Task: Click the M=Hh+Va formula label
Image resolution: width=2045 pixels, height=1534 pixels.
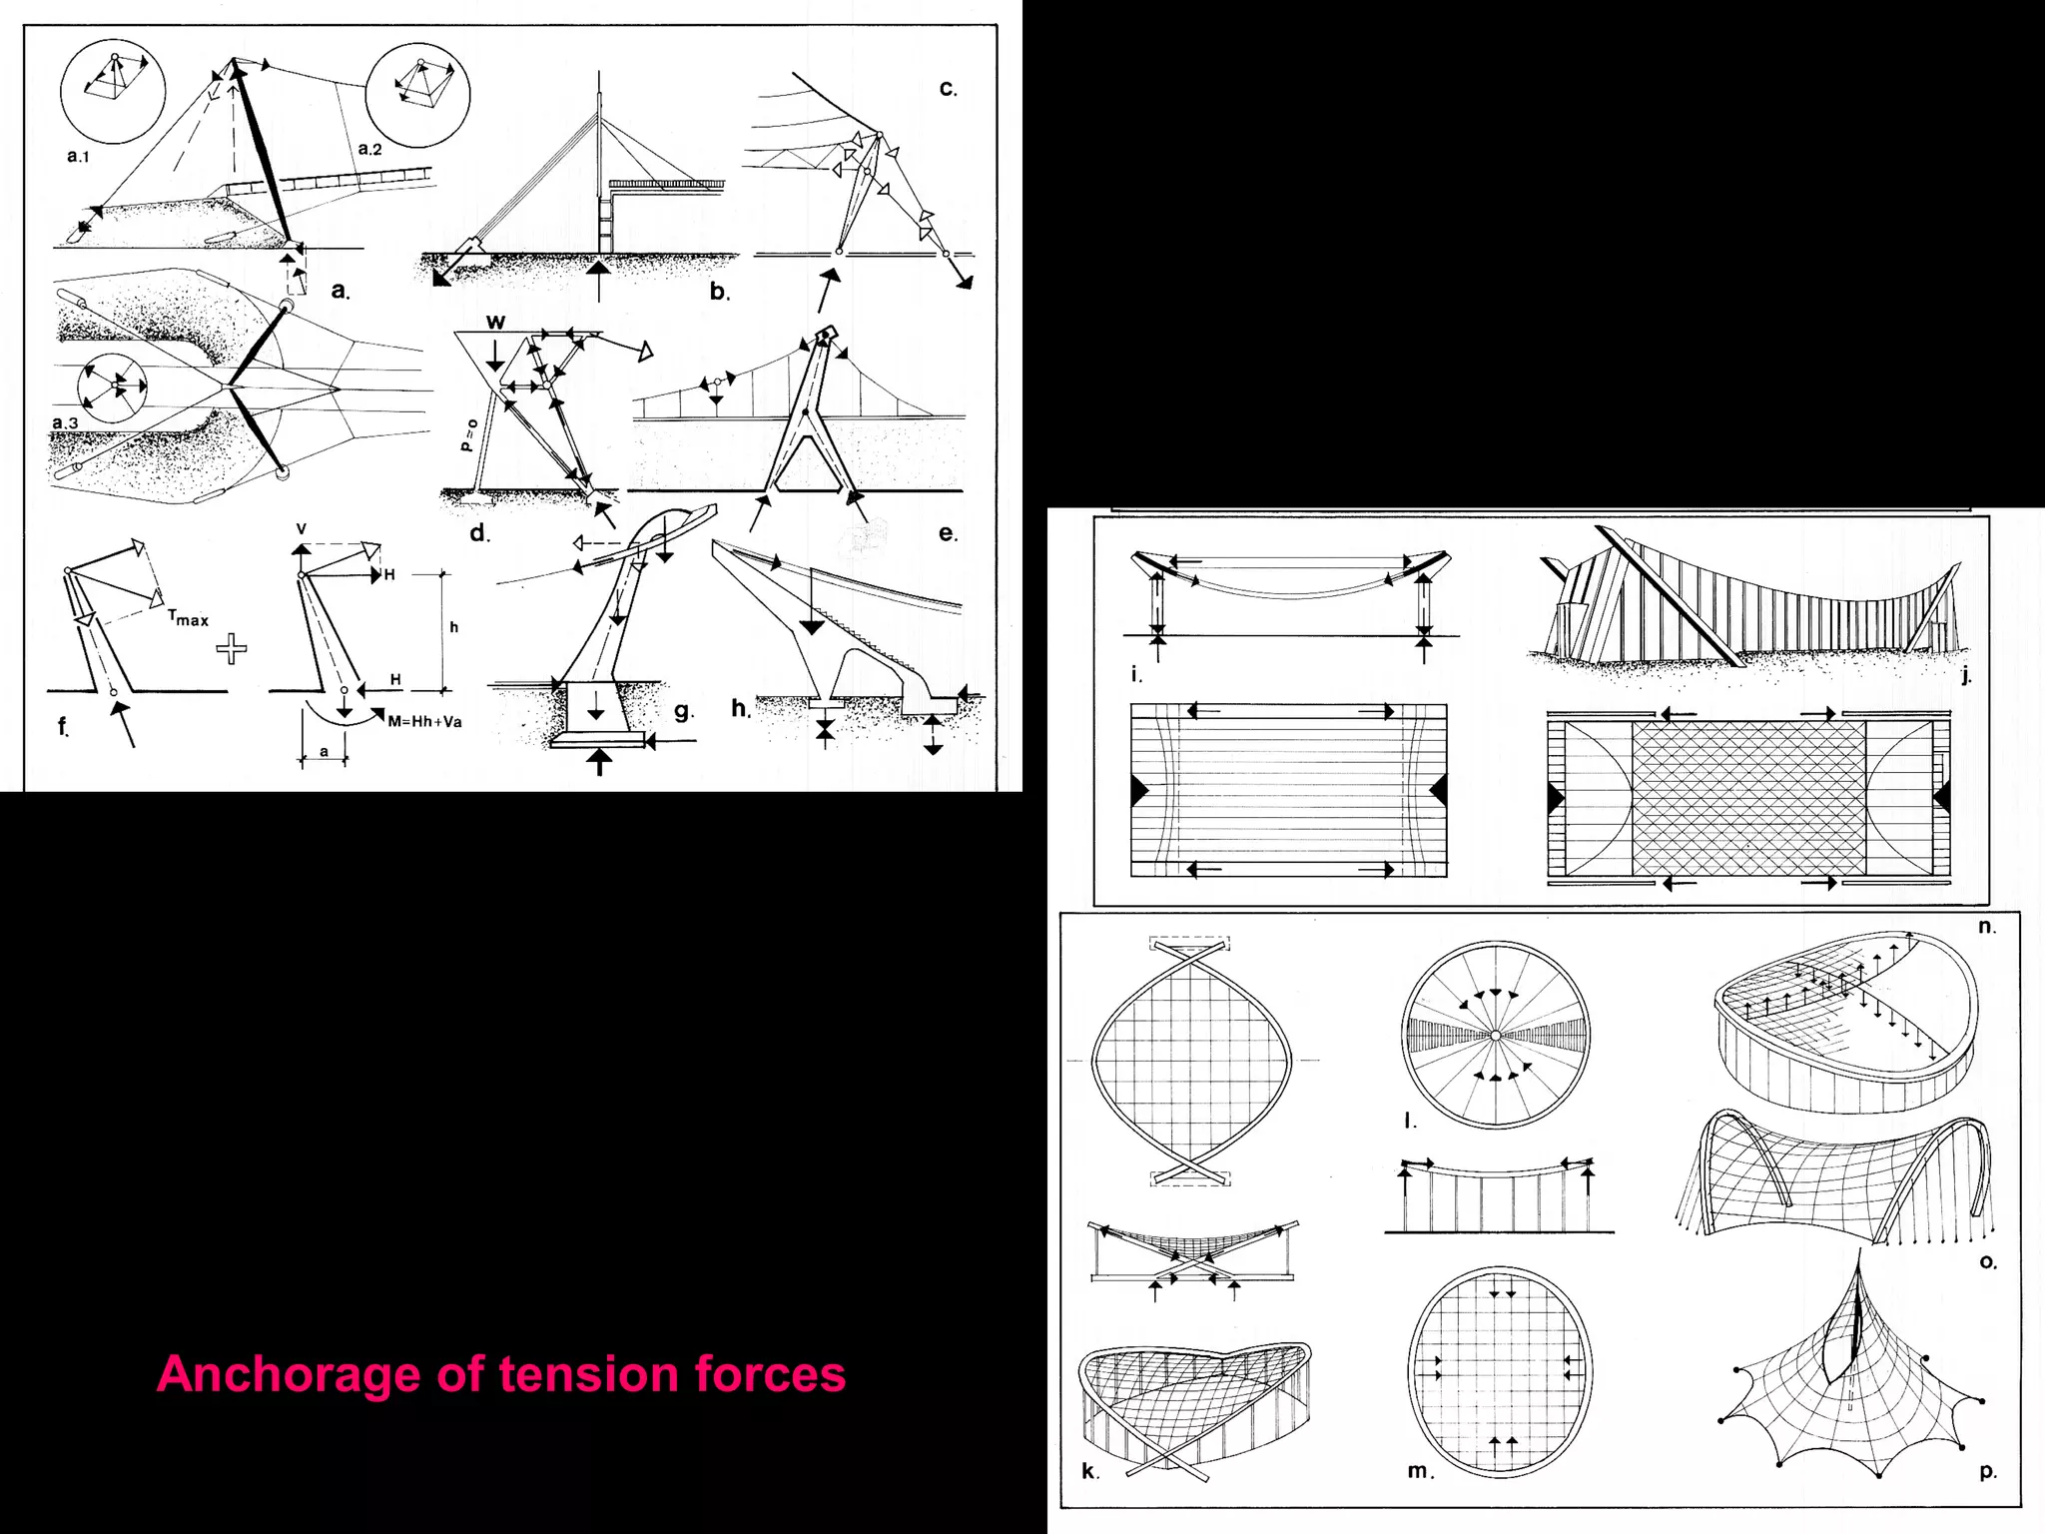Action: (x=424, y=721)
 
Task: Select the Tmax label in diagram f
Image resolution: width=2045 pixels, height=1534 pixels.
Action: (x=188, y=619)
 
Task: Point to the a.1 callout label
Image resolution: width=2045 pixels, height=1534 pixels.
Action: (x=78, y=156)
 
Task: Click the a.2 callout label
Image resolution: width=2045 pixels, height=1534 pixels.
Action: (x=369, y=149)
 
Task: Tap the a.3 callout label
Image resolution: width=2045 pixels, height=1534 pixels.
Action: (x=65, y=423)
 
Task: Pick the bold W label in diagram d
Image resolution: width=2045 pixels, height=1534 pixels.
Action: (x=495, y=322)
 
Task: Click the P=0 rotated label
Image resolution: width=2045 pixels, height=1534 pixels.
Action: (x=467, y=435)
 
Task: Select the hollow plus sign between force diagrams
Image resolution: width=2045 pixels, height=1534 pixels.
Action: (x=232, y=650)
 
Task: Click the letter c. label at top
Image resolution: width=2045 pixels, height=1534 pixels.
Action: (x=948, y=88)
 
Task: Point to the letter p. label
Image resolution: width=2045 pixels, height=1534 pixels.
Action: (x=1987, y=1471)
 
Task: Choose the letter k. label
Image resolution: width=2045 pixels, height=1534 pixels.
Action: (x=1090, y=1470)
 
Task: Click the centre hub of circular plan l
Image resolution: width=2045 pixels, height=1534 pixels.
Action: (x=1495, y=1036)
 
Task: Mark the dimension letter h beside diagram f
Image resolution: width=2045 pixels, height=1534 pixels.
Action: (x=454, y=627)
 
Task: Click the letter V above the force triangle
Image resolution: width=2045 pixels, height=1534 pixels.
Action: (x=302, y=529)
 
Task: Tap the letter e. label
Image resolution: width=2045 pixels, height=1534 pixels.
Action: (x=948, y=533)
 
